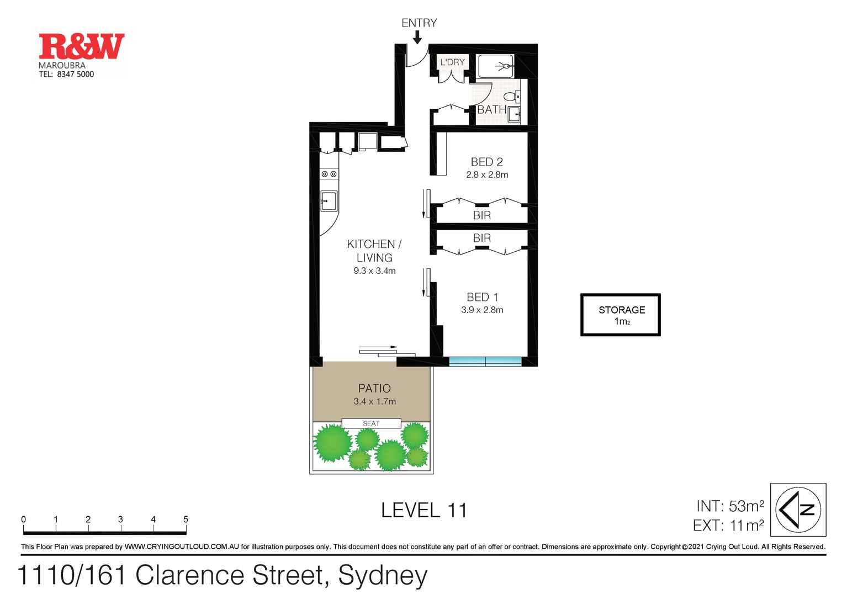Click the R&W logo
81,47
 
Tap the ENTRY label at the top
419,23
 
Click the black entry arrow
417,37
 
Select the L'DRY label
452,62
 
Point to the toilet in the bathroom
511,97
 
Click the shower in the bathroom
496,66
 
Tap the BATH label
491,109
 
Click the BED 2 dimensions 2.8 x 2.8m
486,174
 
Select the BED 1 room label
482,297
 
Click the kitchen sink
329,201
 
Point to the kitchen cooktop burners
329,174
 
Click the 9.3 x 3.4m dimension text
374,271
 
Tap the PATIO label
374,388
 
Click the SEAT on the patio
371,423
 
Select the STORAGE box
620,315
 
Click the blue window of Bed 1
485,362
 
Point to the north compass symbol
798,510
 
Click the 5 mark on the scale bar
186,520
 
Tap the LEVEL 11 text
424,510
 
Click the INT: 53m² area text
729,506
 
